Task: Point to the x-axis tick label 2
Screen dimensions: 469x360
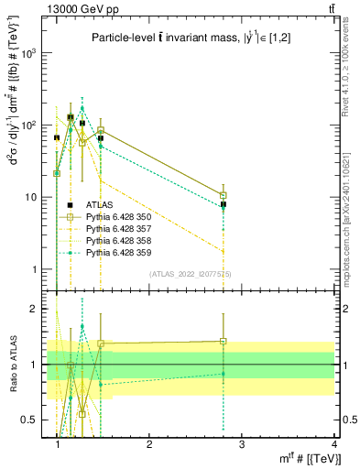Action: coord(150,444)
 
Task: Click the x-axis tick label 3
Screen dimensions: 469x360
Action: coord(242,444)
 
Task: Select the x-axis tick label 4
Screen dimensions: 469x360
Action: coord(334,444)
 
